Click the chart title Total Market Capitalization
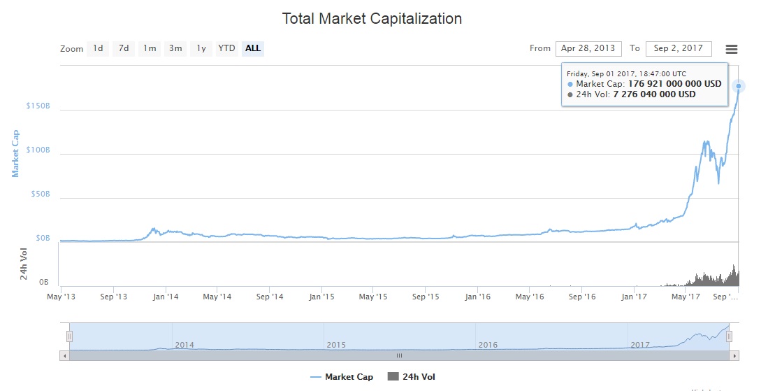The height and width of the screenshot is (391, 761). [372, 19]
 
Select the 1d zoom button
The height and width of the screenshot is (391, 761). [98, 48]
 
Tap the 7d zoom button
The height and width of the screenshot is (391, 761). [124, 48]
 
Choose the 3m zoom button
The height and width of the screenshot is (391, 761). [175, 48]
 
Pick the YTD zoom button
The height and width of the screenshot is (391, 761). [226, 48]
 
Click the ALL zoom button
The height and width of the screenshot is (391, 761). [253, 48]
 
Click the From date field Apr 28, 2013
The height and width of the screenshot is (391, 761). [588, 48]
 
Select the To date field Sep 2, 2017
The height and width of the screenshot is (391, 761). [679, 48]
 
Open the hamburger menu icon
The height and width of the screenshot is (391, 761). [732, 49]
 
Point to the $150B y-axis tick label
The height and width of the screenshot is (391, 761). [38, 106]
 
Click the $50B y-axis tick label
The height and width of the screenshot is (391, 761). [41, 194]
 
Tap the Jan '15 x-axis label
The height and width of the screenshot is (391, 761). [321, 297]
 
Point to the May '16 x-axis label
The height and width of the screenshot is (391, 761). [529, 297]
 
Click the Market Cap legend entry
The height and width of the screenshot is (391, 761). [342, 377]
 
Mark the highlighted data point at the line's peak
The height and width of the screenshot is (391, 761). [739, 86]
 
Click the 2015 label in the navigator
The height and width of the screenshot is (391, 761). [337, 345]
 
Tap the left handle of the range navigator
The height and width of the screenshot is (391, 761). [69, 336]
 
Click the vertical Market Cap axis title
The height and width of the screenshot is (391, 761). [16, 152]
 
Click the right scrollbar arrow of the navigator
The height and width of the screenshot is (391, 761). [734, 355]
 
